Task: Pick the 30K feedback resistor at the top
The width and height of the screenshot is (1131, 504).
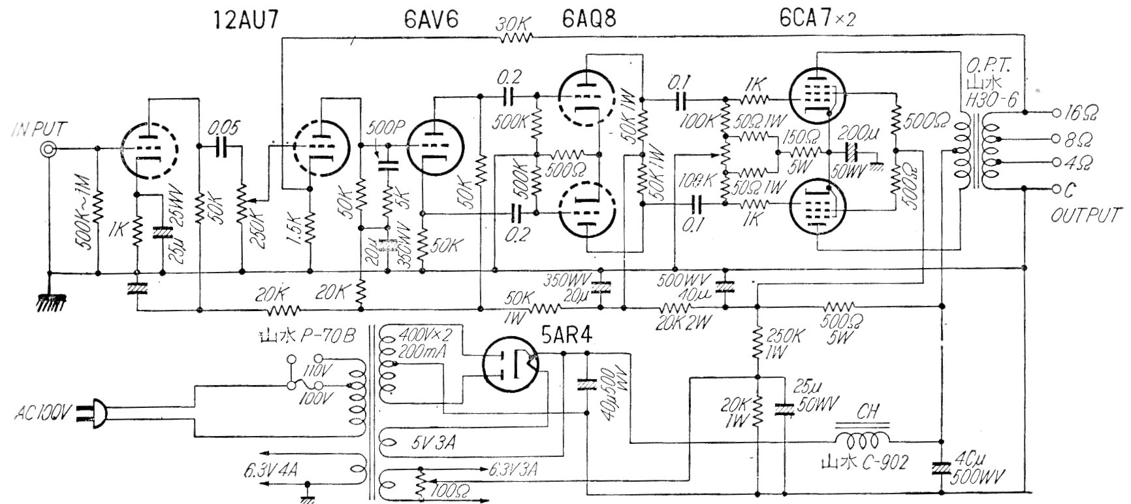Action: point(517,38)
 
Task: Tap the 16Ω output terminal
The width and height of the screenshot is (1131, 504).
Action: point(1059,112)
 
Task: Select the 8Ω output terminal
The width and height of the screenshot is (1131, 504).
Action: point(1059,139)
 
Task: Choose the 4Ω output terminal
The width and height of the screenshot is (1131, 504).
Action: point(1059,162)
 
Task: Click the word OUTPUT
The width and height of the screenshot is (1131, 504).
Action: point(1085,215)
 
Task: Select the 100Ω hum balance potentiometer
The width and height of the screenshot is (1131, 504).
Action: point(417,487)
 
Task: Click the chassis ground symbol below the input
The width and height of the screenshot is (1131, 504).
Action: point(50,301)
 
